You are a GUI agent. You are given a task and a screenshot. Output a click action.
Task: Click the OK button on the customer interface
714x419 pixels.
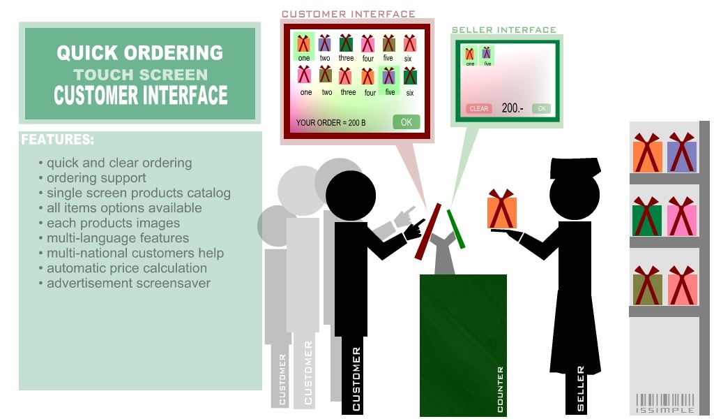(x=406, y=122)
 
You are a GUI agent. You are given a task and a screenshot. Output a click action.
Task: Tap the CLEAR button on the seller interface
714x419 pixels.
(x=478, y=109)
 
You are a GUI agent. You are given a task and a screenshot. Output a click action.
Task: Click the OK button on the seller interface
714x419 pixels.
(x=541, y=108)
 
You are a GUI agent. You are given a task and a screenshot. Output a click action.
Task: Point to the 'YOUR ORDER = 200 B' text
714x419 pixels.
(x=331, y=123)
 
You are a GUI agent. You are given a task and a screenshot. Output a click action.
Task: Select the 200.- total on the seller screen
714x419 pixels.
(x=512, y=108)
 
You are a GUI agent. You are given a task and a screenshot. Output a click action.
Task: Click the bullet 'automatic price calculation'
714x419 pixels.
(x=126, y=268)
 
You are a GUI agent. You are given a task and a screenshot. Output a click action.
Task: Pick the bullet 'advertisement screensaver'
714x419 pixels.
(x=128, y=284)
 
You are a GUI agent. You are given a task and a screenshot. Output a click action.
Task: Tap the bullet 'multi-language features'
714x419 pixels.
(x=118, y=238)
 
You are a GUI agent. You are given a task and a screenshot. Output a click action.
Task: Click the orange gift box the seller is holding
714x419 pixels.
(x=501, y=209)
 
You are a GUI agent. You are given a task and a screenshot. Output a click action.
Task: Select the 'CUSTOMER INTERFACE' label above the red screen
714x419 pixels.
(x=348, y=14)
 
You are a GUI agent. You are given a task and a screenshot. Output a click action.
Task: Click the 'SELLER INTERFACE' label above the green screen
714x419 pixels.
(x=503, y=30)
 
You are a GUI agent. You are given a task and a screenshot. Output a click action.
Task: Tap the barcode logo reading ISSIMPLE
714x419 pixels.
(x=665, y=403)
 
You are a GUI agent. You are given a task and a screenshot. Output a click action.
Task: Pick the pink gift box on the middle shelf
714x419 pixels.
(x=682, y=218)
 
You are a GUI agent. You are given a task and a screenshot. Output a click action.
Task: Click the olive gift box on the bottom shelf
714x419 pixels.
(x=647, y=288)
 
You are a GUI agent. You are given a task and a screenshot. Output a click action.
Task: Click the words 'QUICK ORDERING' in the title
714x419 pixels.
(x=139, y=53)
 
